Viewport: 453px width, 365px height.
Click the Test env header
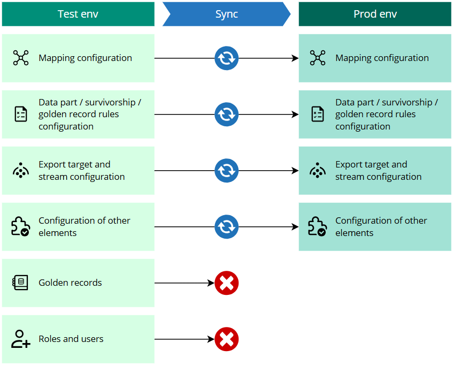[78, 14]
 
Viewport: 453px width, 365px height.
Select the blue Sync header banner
[226, 14]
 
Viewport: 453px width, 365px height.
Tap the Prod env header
[375, 14]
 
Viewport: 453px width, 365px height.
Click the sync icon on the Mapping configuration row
[226, 58]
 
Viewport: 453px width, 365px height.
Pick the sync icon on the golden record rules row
[226, 115]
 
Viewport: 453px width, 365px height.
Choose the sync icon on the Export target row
[226, 171]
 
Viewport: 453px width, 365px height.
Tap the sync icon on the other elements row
[226, 227]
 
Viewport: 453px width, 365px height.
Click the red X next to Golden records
[226, 283]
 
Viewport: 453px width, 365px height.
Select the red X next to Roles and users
[226, 339]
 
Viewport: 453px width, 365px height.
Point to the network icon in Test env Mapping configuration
[21, 58]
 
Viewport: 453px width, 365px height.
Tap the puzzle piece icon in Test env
[21, 227]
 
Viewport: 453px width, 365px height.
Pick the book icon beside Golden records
[21, 283]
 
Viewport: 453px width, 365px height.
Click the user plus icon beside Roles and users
[21, 339]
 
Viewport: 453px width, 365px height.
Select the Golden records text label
[70, 283]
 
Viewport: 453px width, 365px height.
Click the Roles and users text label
[71, 339]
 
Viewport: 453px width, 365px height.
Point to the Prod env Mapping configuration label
[382, 58]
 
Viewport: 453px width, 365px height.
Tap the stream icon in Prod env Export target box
[318, 171]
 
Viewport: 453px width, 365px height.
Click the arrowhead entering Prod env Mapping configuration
[295, 58]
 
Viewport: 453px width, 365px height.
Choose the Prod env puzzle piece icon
[318, 227]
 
